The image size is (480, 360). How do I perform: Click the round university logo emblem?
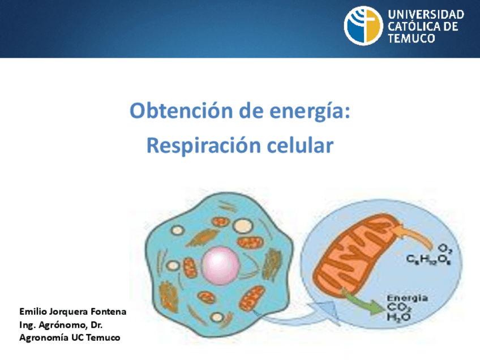363,25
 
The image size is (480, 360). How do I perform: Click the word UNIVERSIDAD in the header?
426,14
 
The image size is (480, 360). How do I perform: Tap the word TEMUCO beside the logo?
411,38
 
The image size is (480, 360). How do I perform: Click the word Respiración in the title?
204,145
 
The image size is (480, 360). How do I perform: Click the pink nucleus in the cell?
220,265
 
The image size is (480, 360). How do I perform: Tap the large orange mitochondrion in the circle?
356,256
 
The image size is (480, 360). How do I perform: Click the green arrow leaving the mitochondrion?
363,302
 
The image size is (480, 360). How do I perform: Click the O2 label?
445,248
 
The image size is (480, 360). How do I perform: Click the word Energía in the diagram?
407,298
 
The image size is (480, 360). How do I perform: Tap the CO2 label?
399,308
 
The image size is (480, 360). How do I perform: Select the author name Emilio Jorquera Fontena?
73,312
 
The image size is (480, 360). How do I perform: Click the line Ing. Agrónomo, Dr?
61,325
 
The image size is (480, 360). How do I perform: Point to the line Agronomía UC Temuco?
70,338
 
